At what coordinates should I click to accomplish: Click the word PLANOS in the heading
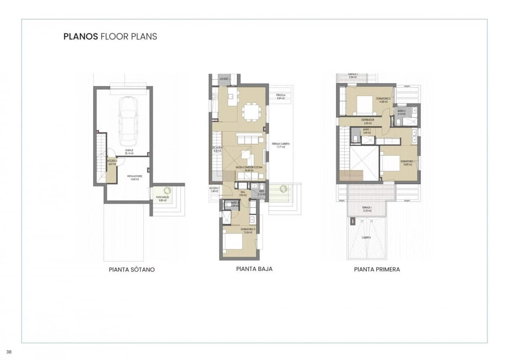coord(81,37)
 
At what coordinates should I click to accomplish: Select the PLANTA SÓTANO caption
coord(132,270)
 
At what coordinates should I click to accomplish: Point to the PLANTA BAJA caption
coord(254,269)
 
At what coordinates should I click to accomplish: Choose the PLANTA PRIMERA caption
coord(377,269)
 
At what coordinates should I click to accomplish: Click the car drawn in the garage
coord(127,121)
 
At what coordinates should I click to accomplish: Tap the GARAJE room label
coord(129,150)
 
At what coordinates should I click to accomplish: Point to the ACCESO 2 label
coord(111,162)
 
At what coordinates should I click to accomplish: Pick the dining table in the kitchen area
coord(251,112)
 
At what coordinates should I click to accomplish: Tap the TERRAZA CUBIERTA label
coord(281,144)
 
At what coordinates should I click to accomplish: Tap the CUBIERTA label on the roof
coord(366,237)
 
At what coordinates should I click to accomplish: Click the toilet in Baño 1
coord(355,139)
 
